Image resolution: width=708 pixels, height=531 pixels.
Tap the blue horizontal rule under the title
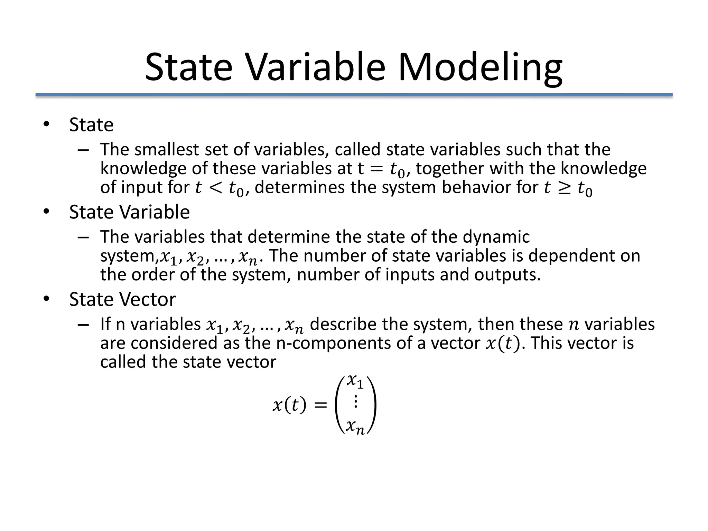354,95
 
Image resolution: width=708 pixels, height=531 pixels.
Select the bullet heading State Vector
122,299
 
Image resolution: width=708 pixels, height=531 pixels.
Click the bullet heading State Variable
129,212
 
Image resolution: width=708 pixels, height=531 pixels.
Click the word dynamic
496,237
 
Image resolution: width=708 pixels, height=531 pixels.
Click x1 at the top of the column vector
355,381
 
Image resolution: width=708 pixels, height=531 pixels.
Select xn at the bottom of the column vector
355,427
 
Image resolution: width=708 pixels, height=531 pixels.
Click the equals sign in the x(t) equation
320,405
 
